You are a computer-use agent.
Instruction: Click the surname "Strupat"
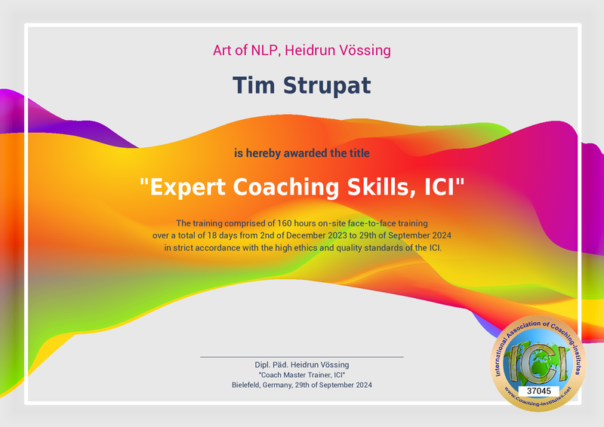(326, 86)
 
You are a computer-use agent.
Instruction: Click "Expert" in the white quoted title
(186, 186)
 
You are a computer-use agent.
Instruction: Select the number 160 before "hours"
(285, 223)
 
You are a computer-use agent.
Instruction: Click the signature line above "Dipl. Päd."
(302, 356)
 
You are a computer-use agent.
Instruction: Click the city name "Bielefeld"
(249, 385)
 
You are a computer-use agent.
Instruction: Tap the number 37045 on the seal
(538, 391)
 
